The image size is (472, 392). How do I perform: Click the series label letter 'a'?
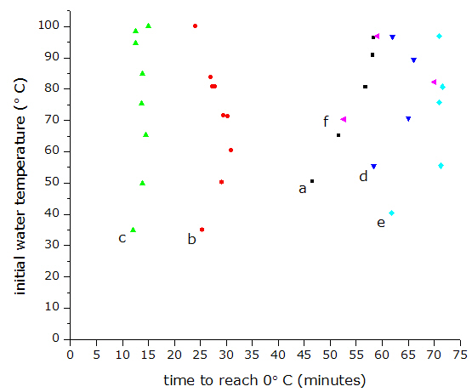coord(303,189)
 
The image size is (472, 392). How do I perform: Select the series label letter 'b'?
coord(191,239)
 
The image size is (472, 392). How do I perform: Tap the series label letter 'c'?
coord(122,238)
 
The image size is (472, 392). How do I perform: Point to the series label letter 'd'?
coord(363,176)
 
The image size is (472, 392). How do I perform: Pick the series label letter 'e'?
coord(381,223)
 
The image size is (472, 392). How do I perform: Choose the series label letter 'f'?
coord(326,122)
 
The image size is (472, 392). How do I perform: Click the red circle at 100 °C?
coord(195,26)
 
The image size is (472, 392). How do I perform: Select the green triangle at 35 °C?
coord(133,230)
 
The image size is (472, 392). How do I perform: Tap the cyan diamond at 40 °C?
coord(391,213)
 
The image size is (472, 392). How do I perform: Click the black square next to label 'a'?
coord(312,181)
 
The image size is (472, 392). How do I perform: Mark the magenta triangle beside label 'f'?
coord(344,120)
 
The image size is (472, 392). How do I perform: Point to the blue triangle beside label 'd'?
coord(373,167)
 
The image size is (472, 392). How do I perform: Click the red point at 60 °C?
coord(230,151)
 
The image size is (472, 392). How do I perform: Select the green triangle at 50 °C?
coord(142,183)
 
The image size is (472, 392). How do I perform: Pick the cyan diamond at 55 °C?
coord(441,166)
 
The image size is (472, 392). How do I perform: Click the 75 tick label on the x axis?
coord(460,355)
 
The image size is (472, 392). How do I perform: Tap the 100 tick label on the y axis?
coord(48,26)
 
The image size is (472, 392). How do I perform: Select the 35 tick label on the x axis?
coord(252,355)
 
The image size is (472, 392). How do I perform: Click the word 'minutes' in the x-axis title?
coord(332,381)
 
